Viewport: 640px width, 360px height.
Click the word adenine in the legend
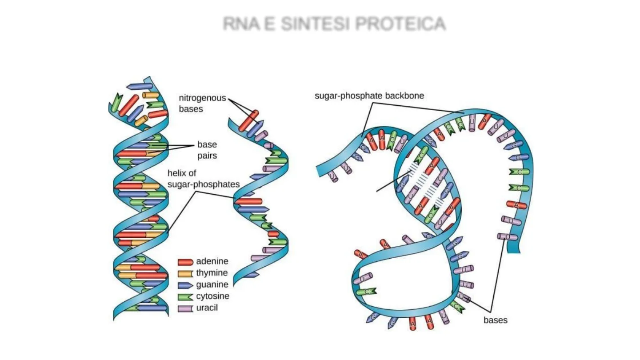[212, 262]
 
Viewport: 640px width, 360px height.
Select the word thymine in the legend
[212, 273]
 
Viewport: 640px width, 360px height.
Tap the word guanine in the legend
[212, 284]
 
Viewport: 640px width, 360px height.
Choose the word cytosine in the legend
[213, 296]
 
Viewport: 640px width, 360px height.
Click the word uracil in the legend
[207, 308]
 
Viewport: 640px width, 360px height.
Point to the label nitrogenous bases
[202, 103]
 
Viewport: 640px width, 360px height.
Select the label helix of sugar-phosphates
[204, 178]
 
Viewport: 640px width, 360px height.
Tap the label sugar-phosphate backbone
[369, 96]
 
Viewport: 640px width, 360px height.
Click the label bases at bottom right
[495, 320]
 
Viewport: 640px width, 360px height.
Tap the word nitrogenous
[202, 98]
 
